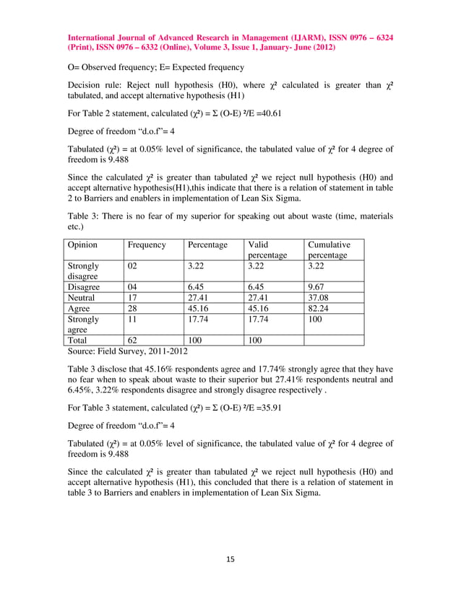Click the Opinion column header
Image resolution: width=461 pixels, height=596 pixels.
coord(82,245)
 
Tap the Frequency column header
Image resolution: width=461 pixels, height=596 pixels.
coord(147,245)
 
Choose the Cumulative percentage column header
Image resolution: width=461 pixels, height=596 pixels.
coord(328,250)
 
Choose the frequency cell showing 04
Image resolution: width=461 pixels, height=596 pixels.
coord(133,286)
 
